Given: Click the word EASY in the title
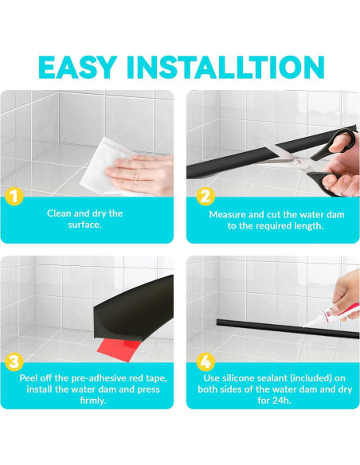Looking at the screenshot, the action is click(x=76, y=67).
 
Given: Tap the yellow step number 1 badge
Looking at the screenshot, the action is click(x=14, y=197).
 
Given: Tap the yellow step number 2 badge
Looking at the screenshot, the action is click(x=205, y=197).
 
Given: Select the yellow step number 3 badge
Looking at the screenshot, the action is click(x=14, y=361).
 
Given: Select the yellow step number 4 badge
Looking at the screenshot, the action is click(x=205, y=361).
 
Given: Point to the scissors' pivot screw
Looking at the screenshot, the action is click(x=297, y=162).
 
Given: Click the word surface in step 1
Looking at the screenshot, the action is click(x=84, y=225).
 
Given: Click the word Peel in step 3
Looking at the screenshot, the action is click(x=28, y=378).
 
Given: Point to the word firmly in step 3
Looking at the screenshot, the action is click(x=93, y=401).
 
